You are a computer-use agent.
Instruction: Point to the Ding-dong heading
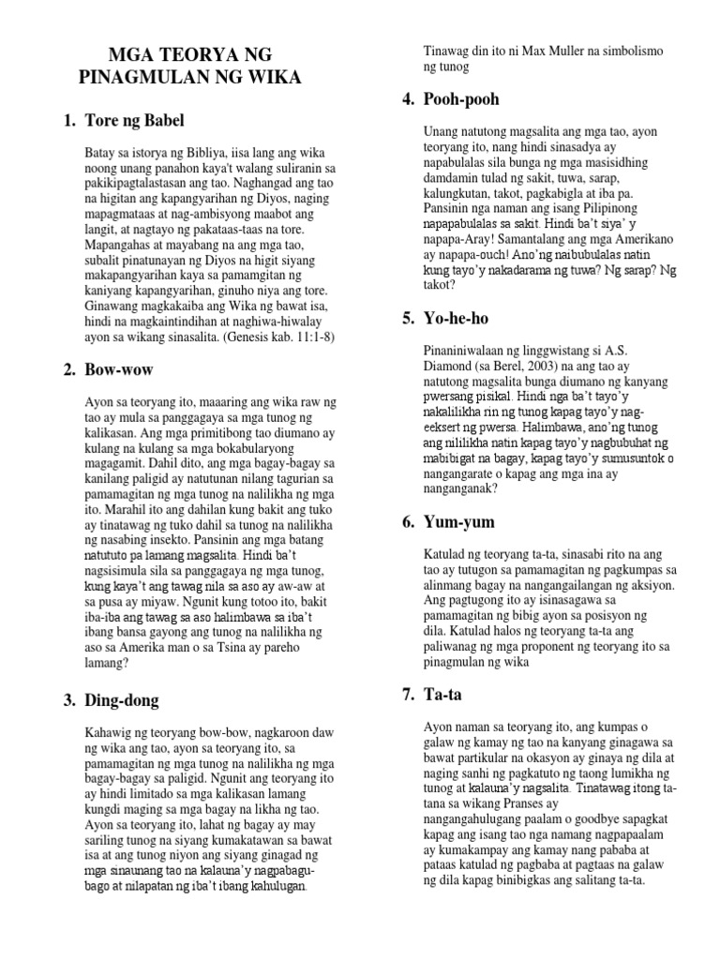[x=122, y=700]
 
